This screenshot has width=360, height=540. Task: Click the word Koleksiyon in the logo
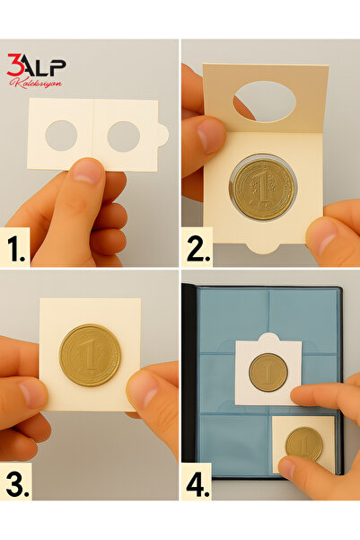[x=36, y=83]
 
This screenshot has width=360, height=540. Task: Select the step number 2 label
[x=198, y=248]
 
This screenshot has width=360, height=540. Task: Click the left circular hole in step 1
[x=61, y=136]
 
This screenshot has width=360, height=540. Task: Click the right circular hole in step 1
[x=124, y=137]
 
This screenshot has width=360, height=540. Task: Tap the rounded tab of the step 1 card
[x=163, y=135]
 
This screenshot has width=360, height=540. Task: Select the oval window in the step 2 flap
[x=265, y=102]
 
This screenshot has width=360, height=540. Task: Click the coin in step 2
[x=263, y=188]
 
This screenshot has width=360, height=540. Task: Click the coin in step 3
[x=90, y=355]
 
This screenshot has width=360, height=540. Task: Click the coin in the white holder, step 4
[x=268, y=372]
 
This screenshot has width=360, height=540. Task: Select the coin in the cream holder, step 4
[x=304, y=444]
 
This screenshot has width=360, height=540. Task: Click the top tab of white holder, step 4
[x=268, y=337]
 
